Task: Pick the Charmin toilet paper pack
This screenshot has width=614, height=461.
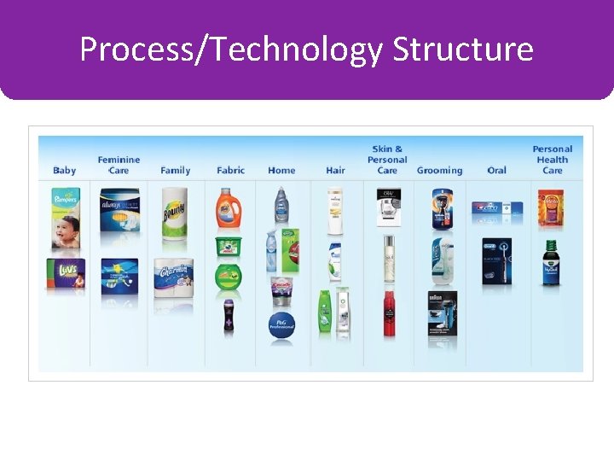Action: tap(174, 277)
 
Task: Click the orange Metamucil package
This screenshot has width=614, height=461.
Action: tap(551, 209)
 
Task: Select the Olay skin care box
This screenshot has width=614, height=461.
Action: tap(388, 207)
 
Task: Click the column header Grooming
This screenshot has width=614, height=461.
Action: tap(439, 171)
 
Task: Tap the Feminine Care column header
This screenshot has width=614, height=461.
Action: tap(119, 165)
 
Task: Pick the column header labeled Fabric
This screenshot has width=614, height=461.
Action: tap(230, 171)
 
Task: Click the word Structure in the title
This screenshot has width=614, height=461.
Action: tap(463, 50)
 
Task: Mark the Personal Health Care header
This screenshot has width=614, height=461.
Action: tap(552, 160)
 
